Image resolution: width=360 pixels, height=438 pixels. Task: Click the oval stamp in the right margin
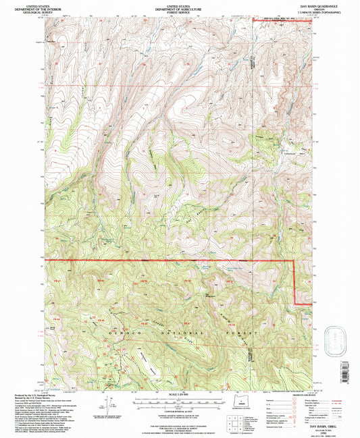(335, 335)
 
